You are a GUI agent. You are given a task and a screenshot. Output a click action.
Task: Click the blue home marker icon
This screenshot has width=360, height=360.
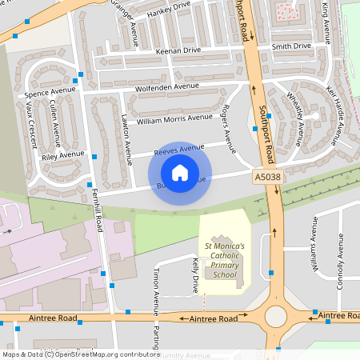click(180, 173)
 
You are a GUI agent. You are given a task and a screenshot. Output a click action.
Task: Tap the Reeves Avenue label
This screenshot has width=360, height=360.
click(179, 150)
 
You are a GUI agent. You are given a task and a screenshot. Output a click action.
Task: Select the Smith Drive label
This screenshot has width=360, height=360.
click(290, 46)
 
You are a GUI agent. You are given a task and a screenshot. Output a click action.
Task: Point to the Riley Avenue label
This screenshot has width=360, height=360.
click(62, 155)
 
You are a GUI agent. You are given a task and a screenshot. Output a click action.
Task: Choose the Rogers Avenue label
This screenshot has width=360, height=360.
click(230, 129)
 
